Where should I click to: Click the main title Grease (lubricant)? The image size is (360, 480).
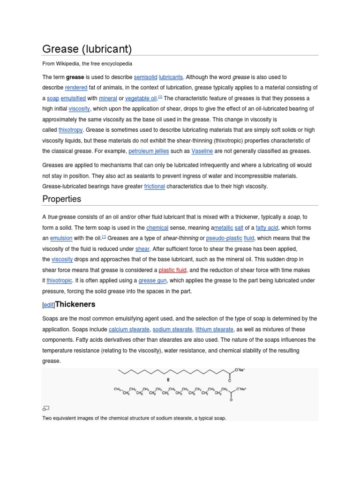point(87,49)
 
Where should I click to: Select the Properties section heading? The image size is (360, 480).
point(61,199)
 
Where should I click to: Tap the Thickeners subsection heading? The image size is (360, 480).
point(75,304)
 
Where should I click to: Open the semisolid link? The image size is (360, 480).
point(145,77)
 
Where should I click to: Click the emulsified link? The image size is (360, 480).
point(73,98)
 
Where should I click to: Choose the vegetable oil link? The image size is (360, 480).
point(141,98)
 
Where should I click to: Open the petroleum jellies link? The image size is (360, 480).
point(149,151)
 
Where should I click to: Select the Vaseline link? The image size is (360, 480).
point(202,151)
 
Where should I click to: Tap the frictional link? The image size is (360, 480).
point(154,186)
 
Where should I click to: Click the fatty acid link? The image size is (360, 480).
point(267,227)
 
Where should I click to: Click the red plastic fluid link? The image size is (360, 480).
point(172,270)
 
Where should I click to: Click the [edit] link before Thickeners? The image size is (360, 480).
point(49,305)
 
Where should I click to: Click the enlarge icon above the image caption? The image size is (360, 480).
point(45,408)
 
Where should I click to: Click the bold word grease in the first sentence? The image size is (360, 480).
point(75,77)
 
